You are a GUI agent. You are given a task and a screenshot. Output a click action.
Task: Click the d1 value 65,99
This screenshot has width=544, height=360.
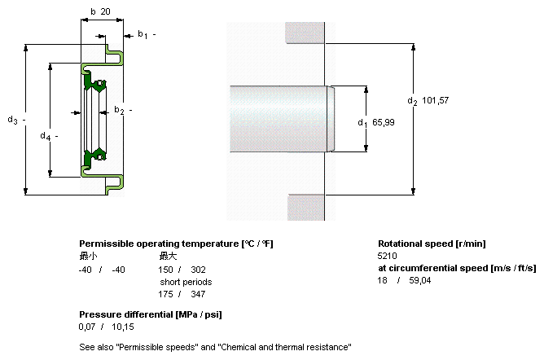tap(384, 122)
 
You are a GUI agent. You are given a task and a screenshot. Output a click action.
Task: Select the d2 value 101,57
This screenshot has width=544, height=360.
tap(436, 100)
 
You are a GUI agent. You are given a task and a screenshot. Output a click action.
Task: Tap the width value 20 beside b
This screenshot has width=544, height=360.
tap(106, 11)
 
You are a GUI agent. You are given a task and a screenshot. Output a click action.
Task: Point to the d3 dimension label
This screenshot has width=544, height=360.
tap(12, 121)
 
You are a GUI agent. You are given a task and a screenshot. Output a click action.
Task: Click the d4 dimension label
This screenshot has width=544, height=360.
tap(45, 136)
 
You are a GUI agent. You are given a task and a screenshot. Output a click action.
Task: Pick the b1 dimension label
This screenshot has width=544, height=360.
tap(142, 34)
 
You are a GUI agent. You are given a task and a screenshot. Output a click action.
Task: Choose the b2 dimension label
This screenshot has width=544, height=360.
tap(118, 110)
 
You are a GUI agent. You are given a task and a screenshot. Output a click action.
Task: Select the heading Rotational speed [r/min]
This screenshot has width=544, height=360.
tap(432, 244)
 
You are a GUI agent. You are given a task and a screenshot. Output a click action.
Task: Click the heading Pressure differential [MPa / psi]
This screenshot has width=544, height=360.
tap(151, 314)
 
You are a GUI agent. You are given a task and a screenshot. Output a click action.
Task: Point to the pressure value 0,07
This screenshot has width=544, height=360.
tap(87, 327)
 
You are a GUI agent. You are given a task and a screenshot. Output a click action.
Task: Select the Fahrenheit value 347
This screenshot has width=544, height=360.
tap(198, 294)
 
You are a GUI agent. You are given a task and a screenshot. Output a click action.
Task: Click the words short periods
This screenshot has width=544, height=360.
tap(186, 282)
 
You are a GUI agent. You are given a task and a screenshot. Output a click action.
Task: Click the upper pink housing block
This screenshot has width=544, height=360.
tap(305, 30)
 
